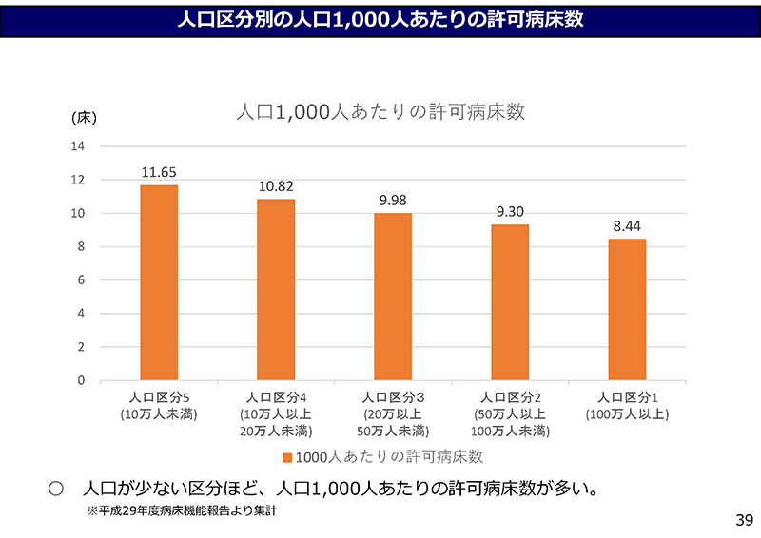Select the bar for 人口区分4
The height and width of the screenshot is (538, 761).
click(x=276, y=289)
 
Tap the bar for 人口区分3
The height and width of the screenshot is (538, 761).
click(x=393, y=297)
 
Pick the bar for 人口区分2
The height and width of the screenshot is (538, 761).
click(x=510, y=302)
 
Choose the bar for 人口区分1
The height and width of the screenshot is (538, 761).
click(x=627, y=309)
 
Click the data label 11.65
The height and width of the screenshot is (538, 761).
click(x=159, y=172)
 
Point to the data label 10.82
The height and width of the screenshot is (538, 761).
click(x=276, y=186)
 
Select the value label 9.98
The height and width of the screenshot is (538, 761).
click(x=393, y=201)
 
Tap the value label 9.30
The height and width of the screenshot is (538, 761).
click(x=510, y=212)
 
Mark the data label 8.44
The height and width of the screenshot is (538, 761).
click(x=627, y=226)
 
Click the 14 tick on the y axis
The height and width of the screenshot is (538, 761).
click(x=78, y=146)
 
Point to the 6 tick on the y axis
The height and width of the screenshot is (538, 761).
click(x=81, y=280)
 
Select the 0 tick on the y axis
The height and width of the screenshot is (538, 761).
click(x=81, y=380)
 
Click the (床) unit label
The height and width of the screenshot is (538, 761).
click(x=84, y=119)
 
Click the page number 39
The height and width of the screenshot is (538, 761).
click(x=744, y=520)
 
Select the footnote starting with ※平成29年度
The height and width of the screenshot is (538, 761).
click(x=182, y=510)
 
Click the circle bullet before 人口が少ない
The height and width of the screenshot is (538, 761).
click(x=55, y=490)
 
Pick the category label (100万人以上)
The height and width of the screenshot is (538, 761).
click(x=627, y=414)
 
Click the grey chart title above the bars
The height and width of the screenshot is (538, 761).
click(x=380, y=112)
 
